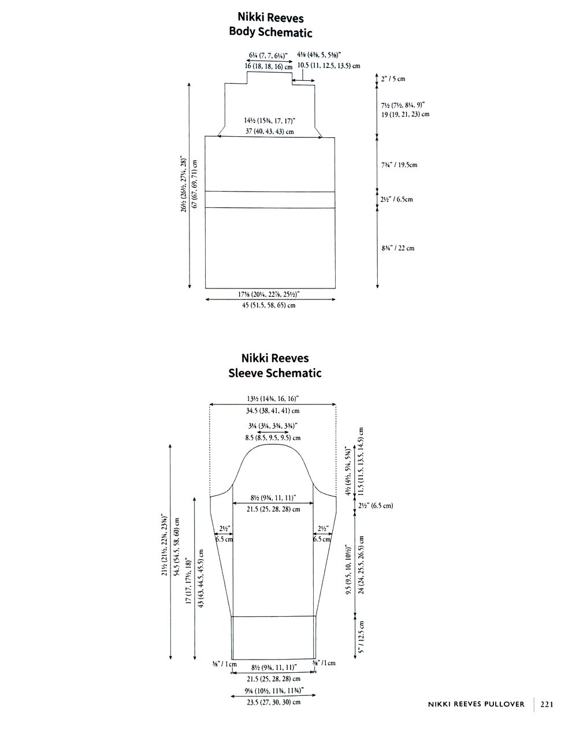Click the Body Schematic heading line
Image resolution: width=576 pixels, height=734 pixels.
point(270,33)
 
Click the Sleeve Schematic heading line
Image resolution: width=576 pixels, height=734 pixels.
point(274,373)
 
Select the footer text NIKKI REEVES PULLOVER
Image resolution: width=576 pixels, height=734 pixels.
point(476,704)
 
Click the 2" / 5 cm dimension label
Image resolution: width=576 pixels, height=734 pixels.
point(393,78)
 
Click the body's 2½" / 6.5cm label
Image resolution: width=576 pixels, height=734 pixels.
point(397,200)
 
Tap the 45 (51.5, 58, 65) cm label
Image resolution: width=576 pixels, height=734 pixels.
point(269,305)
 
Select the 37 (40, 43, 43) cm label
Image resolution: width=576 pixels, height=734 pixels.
point(269,132)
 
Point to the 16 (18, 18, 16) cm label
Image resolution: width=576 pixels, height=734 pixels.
point(268,66)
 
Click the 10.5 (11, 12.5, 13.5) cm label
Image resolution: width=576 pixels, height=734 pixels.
point(329,66)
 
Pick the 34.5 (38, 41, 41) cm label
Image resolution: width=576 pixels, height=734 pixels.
point(273,411)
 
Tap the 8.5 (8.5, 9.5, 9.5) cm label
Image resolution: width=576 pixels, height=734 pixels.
point(273,438)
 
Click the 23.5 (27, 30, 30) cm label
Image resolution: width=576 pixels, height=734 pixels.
point(273,702)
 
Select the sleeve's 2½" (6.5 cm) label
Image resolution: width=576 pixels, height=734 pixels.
point(376,505)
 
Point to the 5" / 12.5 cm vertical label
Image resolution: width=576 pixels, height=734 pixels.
point(361,637)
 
